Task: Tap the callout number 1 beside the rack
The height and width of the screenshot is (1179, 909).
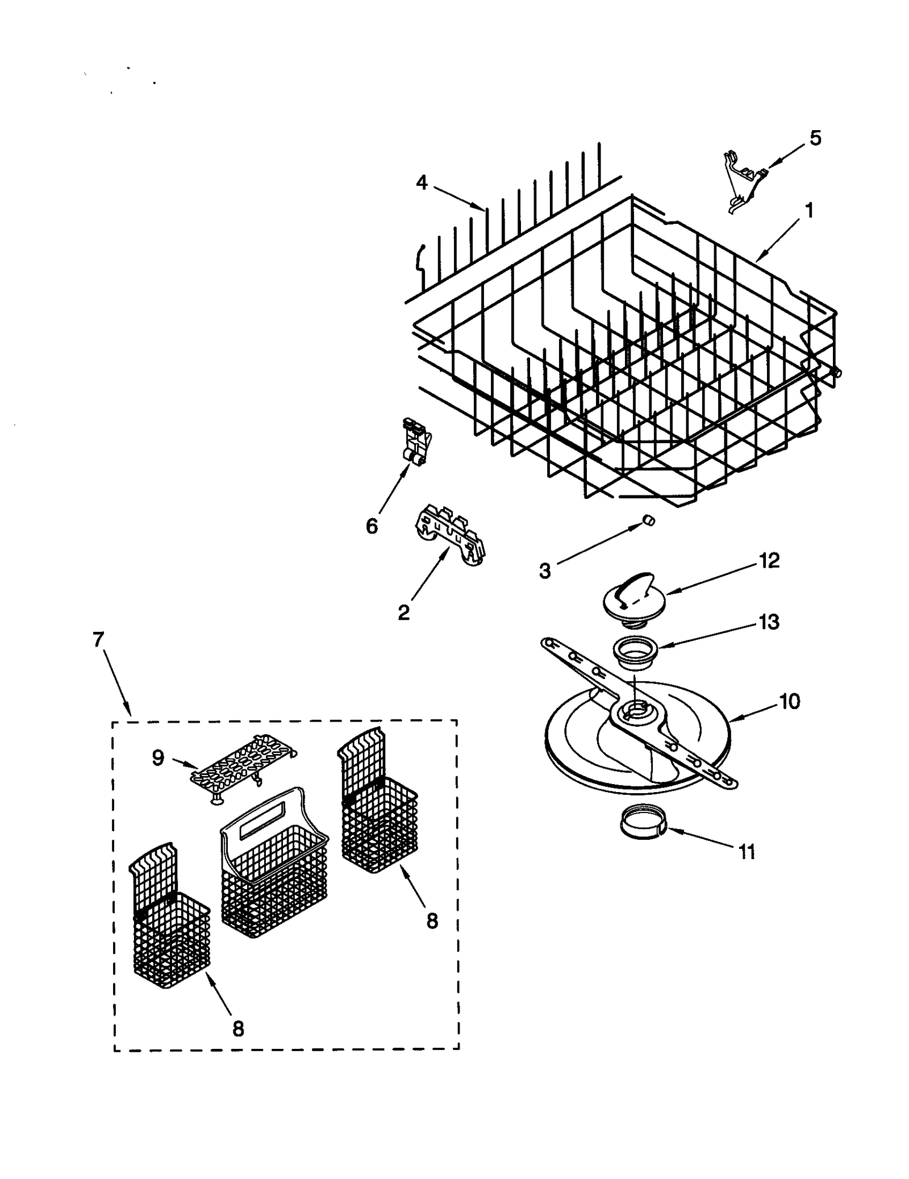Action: click(x=809, y=211)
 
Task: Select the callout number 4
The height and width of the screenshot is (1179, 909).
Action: click(x=421, y=183)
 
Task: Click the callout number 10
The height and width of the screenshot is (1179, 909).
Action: click(x=790, y=701)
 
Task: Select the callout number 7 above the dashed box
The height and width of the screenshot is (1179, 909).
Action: click(x=98, y=639)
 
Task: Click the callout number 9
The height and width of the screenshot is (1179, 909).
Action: click(x=157, y=757)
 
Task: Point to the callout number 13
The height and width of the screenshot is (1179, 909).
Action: click(x=769, y=622)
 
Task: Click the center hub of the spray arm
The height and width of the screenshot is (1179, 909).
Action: click(x=636, y=711)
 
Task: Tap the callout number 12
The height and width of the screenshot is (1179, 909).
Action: click(x=769, y=561)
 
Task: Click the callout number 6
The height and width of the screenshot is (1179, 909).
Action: click(x=372, y=526)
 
